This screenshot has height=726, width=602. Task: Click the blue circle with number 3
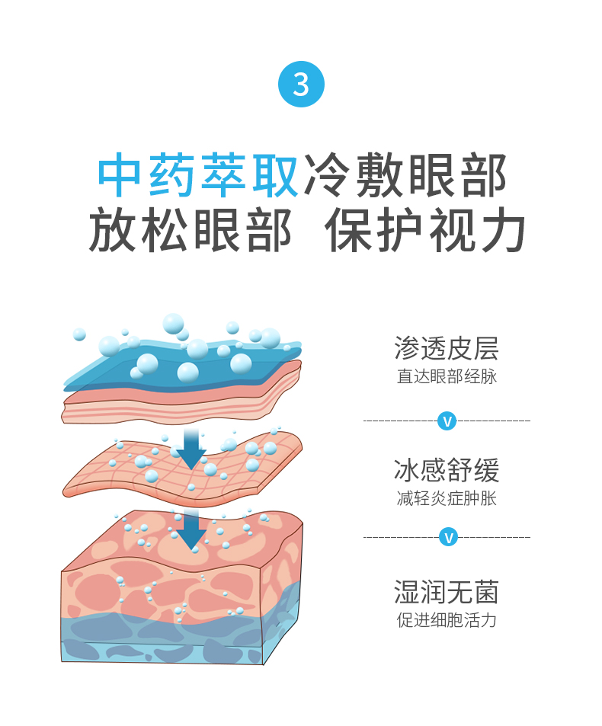pyautogui.click(x=301, y=85)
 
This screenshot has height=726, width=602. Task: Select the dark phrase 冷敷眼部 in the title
pyautogui.click(x=405, y=176)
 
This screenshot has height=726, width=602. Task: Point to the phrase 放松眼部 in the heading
pyautogui.click(x=190, y=229)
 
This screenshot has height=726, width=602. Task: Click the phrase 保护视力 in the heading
pyautogui.click(x=426, y=229)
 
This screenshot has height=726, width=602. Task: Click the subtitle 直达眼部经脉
pyautogui.click(x=447, y=376)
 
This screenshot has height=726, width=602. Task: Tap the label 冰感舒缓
pyautogui.click(x=447, y=470)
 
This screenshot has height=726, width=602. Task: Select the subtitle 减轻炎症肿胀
pyautogui.click(x=447, y=499)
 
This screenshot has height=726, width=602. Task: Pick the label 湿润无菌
pyautogui.click(x=447, y=592)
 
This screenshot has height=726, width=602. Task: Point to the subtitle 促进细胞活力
pyautogui.click(x=447, y=620)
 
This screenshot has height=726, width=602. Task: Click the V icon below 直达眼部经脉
pyautogui.click(x=447, y=420)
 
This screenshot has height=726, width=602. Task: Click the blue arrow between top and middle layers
pyautogui.click(x=191, y=449)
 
